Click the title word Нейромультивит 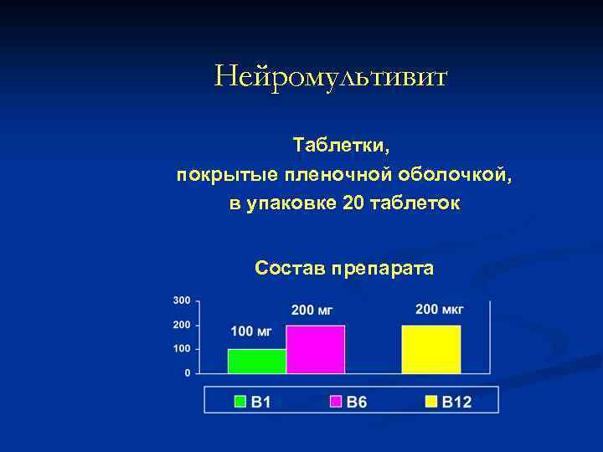331,77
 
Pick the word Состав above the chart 290,269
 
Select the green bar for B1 257,361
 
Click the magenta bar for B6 316,349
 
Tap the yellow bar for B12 431,349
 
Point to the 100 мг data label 251,331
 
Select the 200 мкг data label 439,310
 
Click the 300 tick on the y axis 182,300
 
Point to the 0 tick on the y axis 187,372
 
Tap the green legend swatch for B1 240,402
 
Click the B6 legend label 357,402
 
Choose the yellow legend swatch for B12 431,402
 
